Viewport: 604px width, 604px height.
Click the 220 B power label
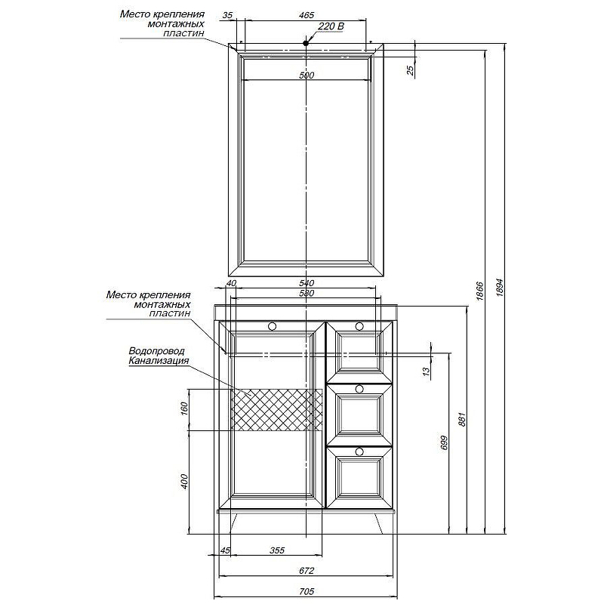pyautogui.click(x=331, y=26)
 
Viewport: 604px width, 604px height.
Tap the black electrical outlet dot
pyautogui.click(x=306, y=43)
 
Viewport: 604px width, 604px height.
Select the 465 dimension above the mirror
pyautogui.click(x=307, y=15)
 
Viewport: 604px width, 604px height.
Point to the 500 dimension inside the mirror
pyautogui.click(x=307, y=75)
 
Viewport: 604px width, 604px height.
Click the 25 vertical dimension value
pyautogui.click(x=410, y=70)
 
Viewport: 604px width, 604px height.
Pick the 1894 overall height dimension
pyautogui.click(x=500, y=288)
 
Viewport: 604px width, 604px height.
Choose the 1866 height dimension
pyautogui.click(x=479, y=291)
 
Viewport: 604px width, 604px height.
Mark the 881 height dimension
pyautogui.click(x=462, y=419)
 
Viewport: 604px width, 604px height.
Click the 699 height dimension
pyautogui.click(x=444, y=443)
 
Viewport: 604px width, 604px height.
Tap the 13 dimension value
pyautogui.click(x=426, y=371)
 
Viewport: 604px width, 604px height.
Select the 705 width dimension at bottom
pyautogui.click(x=307, y=591)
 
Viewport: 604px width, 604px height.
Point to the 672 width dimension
pyautogui.click(x=307, y=571)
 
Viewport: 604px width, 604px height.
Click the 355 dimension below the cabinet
pyautogui.click(x=277, y=550)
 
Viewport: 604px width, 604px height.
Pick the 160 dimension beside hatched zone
pyautogui.click(x=183, y=408)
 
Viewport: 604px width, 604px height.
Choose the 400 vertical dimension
pyautogui.click(x=183, y=482)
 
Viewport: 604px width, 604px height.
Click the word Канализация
pyautogui.click(x=159, y=361)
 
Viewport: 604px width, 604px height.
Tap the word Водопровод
pyautogui.click(x=157, y=351)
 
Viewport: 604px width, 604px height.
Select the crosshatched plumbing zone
pyautogui.click(x=276, y=410)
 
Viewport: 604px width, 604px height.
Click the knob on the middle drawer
pyautogui.click(x=359, y=388)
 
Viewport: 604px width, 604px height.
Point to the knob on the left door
pyautogui.click(x=272, y=327)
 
